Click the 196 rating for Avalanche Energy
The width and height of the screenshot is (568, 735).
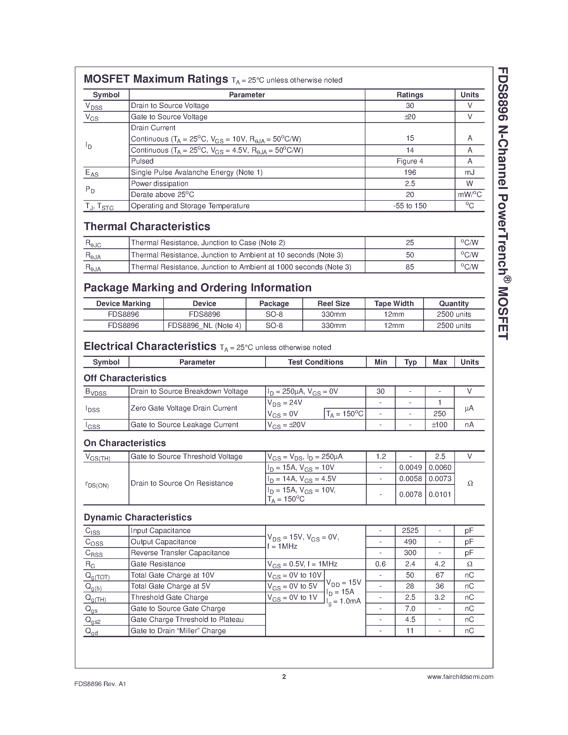click(x=409, y=172)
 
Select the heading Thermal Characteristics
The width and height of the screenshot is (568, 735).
click(x=147, y=226)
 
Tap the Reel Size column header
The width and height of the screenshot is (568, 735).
click(x=334, y=304)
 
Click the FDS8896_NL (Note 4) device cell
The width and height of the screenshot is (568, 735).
click(x=204, y=326)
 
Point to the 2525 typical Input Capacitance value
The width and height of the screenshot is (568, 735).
click(x=410, y=531)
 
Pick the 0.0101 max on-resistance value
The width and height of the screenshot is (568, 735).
click(x=439, y=494)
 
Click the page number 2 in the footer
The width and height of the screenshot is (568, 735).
click(x=284, y=676)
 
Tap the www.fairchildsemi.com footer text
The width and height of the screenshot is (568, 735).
click(x=460, y=677)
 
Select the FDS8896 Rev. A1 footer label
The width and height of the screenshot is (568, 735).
click(x=100, y=684)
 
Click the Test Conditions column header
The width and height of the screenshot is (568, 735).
click(x=315, y=362)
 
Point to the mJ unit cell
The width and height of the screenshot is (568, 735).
click(x=469, y=172)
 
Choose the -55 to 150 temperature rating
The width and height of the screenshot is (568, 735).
click(x=409, y=206)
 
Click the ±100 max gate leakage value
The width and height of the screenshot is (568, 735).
click(x=439, y=425)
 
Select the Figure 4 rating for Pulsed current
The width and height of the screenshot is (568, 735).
click(x=409, y=161)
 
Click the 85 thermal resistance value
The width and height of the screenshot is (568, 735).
click(x=409, y=267)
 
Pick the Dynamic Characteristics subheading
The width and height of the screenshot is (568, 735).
click(x=138, y=517)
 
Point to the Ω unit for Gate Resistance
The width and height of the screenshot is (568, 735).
click(x=469, y=564)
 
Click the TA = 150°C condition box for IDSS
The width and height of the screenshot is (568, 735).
click(x=345, y=414)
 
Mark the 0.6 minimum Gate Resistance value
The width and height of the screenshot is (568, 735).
click(x=380, y=564)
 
